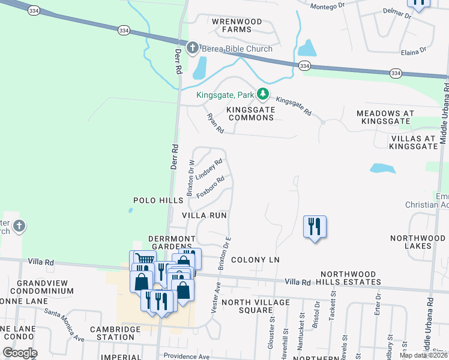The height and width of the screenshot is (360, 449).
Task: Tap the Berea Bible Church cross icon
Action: coord(193,48)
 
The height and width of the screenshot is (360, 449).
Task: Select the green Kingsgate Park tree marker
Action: coord(262,94)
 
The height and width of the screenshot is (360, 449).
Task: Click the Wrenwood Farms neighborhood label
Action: coord(237,25)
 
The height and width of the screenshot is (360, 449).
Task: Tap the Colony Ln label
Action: coord(255,260)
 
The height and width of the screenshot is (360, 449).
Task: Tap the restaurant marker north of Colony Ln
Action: coord(315,227)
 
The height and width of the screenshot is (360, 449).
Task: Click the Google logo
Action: coord(20,353)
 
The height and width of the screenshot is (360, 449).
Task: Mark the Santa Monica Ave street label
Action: coord(64,326)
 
